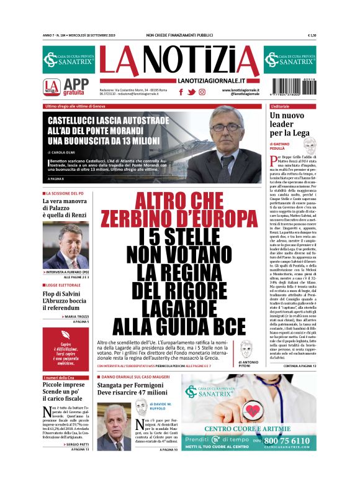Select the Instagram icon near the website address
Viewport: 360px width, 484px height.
click(x=201, y=92)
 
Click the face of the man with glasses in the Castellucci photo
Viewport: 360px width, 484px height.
click(x=227, y=133)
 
